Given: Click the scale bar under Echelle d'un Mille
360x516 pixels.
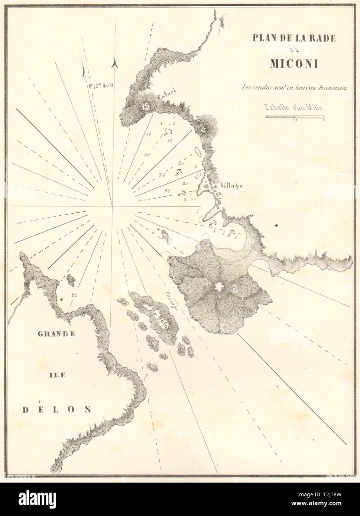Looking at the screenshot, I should [x=295, y=118].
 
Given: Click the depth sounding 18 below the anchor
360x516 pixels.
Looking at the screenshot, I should [x=170, y=140].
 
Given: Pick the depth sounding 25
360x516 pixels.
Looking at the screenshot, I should [x=167, y=190].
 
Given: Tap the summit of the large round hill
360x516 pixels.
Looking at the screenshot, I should [x=218, y=287].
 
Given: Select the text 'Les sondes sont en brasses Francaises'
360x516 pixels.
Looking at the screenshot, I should [x=293, y=88].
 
